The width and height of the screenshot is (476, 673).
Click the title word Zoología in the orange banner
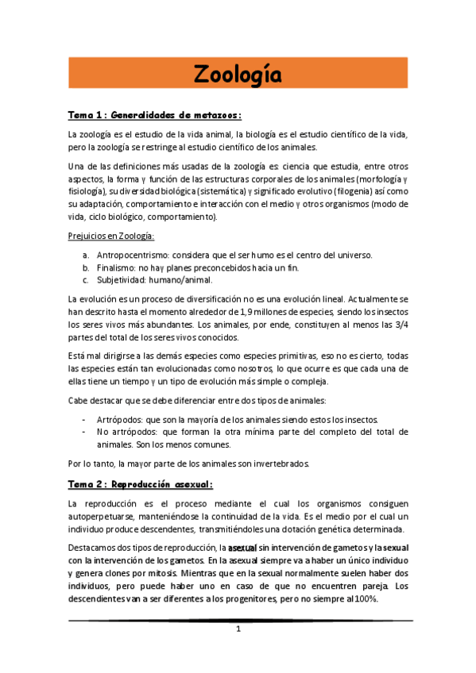click(238, 75)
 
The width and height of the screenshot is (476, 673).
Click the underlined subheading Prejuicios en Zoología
click(111, 237)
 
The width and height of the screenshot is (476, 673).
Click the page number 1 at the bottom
click(238, 629)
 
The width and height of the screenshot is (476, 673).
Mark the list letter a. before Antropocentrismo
click(85, 256)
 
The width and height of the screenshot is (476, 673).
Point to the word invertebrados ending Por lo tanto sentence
click(285, 463)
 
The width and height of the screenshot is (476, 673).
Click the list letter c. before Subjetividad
click(85, 281)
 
